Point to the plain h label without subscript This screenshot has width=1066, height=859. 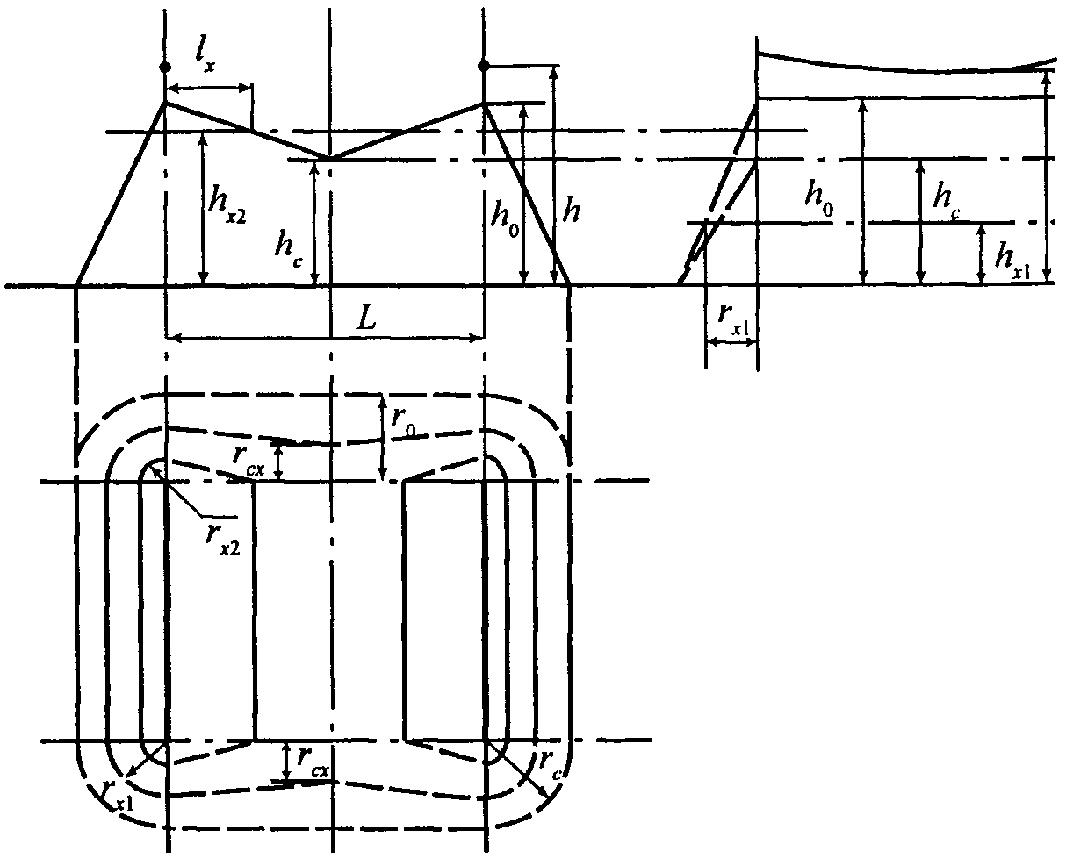coord(571,211)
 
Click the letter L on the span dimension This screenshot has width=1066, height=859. coord(366,319)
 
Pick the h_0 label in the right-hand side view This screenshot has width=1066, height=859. coord(819,198)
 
